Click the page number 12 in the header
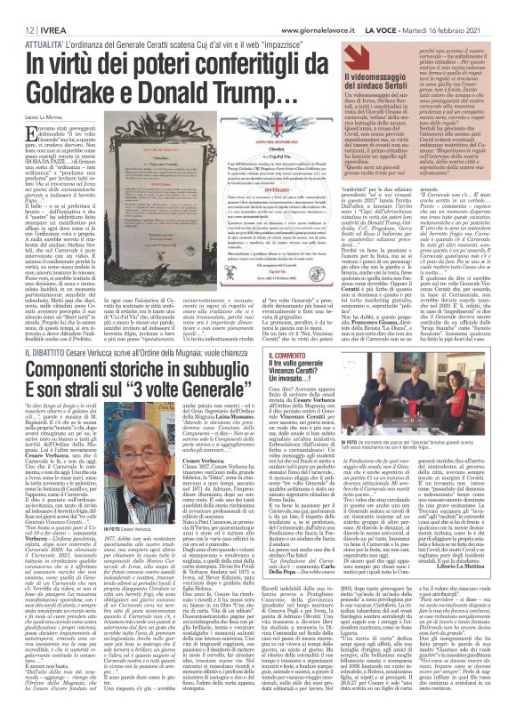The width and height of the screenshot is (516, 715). pos(17,7)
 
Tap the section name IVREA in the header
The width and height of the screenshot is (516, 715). pos(42,7)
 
